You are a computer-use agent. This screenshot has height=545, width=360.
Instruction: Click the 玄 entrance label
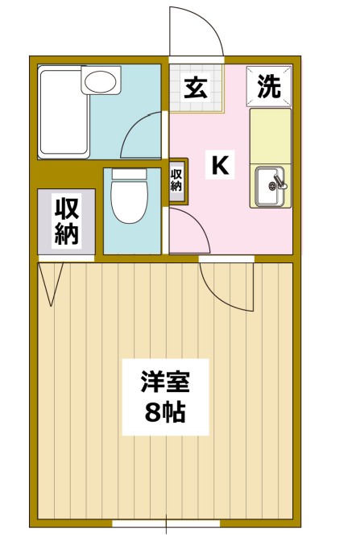196,88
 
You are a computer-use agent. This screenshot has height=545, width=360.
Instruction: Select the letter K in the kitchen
220,165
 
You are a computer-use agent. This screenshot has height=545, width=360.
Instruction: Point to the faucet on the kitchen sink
280,181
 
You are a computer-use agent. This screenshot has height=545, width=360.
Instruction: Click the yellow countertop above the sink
271,136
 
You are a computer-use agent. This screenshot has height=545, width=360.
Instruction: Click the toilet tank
130,174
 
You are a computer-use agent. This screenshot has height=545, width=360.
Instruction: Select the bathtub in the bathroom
64,112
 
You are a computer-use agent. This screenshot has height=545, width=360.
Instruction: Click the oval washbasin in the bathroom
101,81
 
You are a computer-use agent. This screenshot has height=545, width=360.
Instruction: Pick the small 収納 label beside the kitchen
176,180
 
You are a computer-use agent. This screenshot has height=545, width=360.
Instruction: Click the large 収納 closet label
66,221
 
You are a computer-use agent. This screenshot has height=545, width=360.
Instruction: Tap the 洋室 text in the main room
165,382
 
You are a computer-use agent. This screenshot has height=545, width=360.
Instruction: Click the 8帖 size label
165,412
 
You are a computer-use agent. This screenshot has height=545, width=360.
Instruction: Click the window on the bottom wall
166,523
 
